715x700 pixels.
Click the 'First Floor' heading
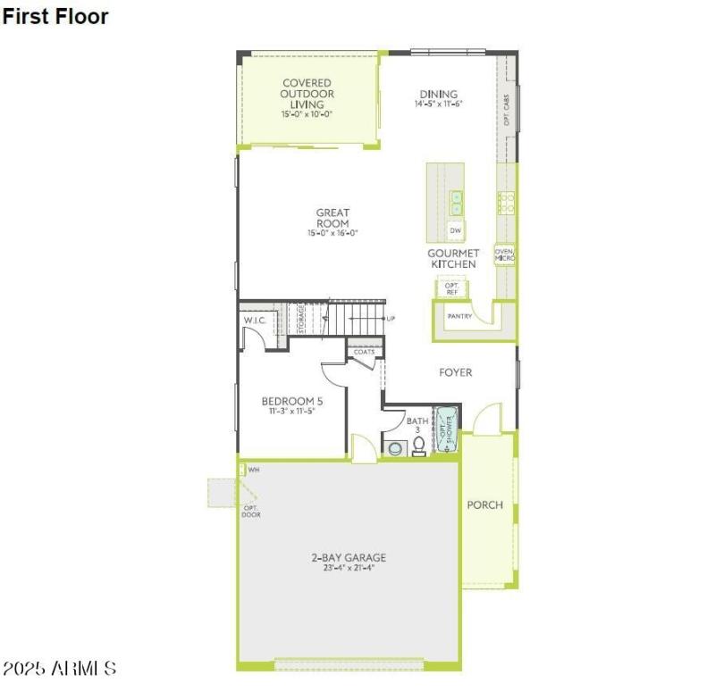[55, 16]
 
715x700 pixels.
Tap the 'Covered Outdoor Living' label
[307, 95]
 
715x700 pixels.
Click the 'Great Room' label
[332, 218]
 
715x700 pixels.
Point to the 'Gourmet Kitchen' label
[453, 259]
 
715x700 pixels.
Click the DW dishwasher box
[456, 231]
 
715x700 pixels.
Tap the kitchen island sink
[456, 203]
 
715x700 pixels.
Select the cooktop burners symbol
[507, 203]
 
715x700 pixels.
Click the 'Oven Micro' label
[505, 255]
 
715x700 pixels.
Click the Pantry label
[459, 315]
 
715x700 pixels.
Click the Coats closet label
[364, 352]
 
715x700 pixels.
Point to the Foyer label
[455, 372]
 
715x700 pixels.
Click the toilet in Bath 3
[418, 446]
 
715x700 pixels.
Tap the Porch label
[485, 504]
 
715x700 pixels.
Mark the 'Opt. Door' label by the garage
[251, 512]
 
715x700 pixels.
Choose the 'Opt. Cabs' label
[507, 109]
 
